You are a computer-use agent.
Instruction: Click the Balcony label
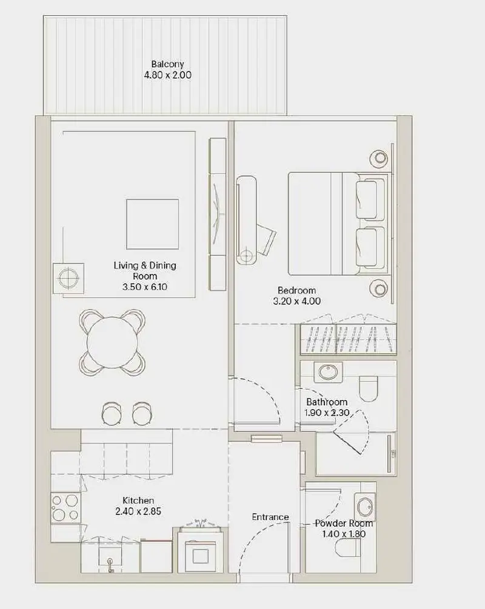coord(167,64)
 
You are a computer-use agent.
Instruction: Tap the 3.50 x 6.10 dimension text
coord(144,287)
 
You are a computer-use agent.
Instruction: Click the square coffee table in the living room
coord(152,224)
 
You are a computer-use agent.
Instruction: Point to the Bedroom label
coord(296,290)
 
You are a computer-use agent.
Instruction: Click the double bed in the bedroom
coord(338,224)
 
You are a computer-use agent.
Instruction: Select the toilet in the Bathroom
coord(368,388)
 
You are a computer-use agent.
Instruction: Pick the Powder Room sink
coord(365,507)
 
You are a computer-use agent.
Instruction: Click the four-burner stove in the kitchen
coord(65,507)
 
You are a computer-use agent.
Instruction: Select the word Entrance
coord(270,517)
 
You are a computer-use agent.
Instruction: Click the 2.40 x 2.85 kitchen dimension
coord(138,511)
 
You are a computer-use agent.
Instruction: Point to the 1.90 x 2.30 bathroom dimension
coord(327,413)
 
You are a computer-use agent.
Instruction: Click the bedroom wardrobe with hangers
coord(348,339)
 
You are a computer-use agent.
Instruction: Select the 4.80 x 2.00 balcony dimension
coord(167,75)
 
